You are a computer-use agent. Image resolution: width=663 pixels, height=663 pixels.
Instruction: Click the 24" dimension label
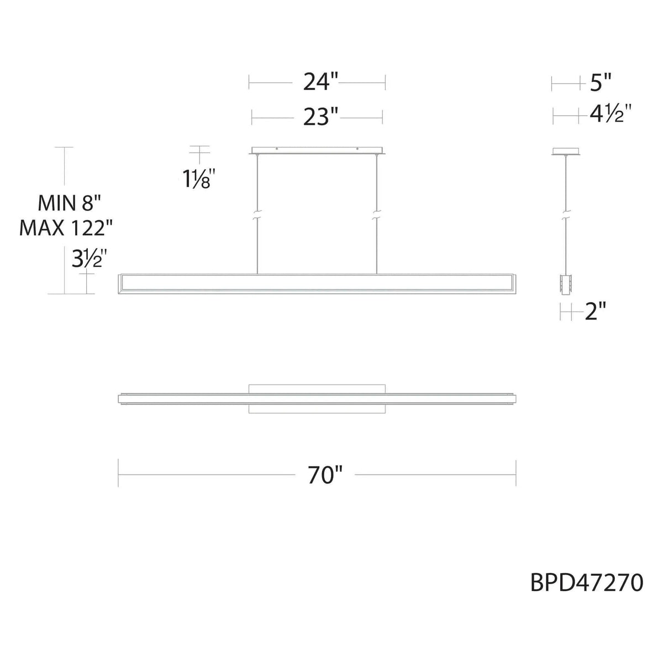pos(320,83)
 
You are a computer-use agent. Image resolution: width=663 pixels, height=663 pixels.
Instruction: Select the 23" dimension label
pos(320,117)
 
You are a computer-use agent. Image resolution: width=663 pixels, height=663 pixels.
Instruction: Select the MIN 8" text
pos(67,204)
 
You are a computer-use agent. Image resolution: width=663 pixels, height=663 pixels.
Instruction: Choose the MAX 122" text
pos(67,227)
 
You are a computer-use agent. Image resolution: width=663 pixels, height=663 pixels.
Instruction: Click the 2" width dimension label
pos(596,313)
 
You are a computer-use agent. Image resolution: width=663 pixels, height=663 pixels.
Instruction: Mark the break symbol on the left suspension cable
pos(257,215)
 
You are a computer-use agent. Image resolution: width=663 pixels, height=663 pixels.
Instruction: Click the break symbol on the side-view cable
pos(566,215)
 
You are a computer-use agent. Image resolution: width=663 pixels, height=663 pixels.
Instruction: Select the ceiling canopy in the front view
pos(317,150)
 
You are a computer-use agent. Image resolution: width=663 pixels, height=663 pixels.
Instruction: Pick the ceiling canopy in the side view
pos(566,151)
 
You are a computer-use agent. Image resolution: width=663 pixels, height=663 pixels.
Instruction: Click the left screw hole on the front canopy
pos(277,149)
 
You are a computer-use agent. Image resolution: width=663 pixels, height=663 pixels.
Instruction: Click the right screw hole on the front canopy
pos(357,149)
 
